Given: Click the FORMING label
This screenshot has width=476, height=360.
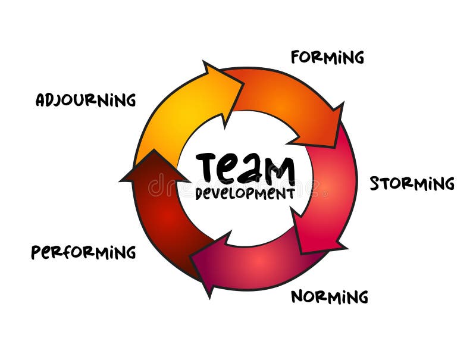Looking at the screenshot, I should pyautogui.click(x=327, y=57).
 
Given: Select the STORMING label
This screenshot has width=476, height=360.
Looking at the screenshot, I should pyautogui.click(x=412, y=183).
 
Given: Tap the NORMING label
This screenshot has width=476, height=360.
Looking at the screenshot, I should pyautogui.click(x=329, y=296).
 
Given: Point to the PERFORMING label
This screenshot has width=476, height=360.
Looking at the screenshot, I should pyautogui.click(x=83, y=252).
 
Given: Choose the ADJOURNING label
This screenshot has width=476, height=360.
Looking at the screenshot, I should pyautogui.click(x=86, y=99).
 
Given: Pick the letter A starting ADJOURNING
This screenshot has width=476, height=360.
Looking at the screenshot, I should pyautogui.click(x=40, y=100).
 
